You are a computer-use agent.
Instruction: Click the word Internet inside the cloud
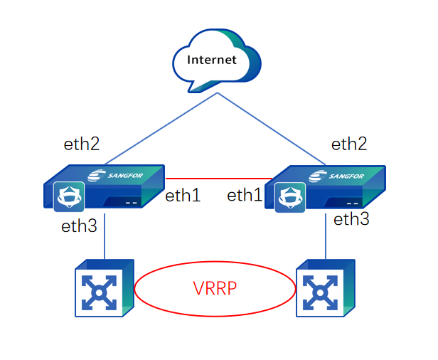pos(211,60)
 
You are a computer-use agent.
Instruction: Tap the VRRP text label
pos(215,289)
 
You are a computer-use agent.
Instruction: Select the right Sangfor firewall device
pos(327,188)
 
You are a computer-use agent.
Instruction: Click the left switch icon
pos(104,288)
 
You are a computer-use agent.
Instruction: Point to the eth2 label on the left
pos(82,144)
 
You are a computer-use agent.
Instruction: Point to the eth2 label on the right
pos(349,144)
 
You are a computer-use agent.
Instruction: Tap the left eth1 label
pos(183,196)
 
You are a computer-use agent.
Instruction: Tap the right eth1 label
pos(245,196)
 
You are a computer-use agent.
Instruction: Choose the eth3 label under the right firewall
pos(352,219)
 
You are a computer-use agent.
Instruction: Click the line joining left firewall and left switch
pos(105,238)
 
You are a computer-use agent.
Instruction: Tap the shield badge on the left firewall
pos(69,196)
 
